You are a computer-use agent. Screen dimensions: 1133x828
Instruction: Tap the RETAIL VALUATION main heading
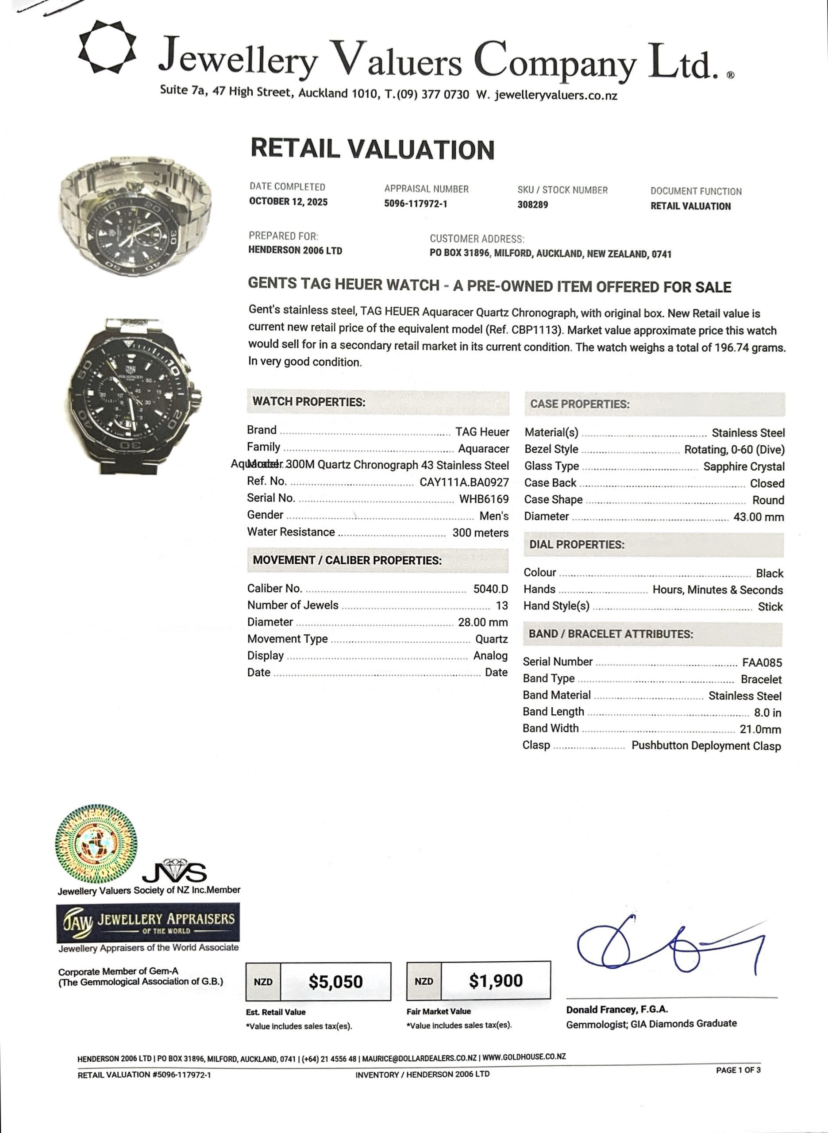(372, 149)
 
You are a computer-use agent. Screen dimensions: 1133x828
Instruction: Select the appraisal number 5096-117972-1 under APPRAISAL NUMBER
(416, 204)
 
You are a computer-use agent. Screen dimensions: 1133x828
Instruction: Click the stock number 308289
(532, 204)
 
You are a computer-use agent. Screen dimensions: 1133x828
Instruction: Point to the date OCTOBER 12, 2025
(288, 202)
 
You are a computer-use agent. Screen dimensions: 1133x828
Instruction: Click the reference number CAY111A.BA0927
(464, 482)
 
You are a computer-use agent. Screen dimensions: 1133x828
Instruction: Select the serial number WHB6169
(484, 499)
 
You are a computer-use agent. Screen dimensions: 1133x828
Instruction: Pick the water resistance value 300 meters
(480, 533)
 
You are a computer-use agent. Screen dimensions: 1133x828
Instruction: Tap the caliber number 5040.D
(490, 589)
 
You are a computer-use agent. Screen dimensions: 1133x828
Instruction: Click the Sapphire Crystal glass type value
(743, 466)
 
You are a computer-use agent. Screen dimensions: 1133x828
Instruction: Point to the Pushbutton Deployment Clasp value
(706, 746)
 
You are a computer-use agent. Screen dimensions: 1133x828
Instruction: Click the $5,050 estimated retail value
(335, 981)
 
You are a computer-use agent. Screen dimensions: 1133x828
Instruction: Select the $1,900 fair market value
(496, 981)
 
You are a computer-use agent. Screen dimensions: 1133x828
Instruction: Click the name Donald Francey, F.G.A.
(616, 1010)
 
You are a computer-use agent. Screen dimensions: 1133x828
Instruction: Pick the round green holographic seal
(96, 845)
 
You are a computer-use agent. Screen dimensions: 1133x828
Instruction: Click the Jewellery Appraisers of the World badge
(148, 922)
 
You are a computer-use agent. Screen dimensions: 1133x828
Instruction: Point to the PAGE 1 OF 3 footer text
(738, 1070)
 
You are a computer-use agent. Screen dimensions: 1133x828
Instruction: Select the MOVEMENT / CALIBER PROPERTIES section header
(347, 560)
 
